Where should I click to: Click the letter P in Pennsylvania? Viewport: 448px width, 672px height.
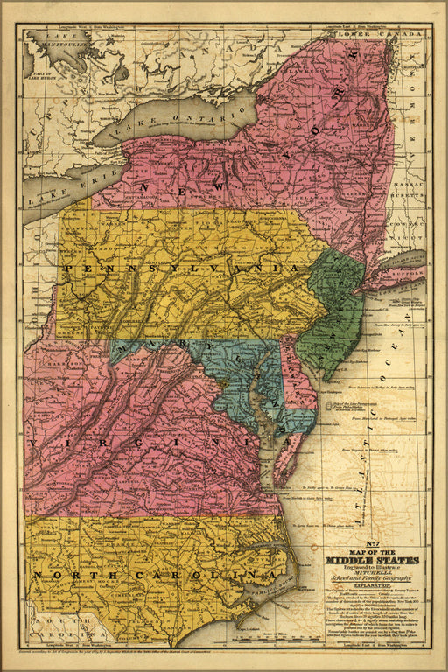pos(68,270)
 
